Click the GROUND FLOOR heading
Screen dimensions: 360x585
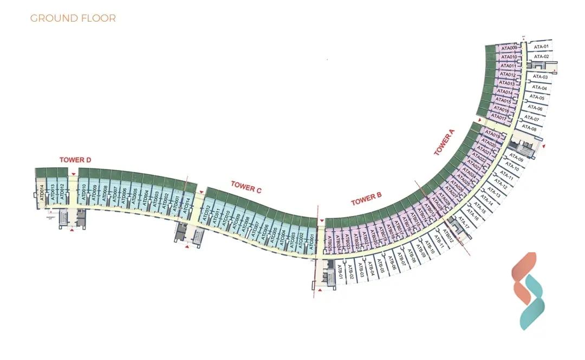73,18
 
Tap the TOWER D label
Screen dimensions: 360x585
75,160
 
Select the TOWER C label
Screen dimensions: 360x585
246,186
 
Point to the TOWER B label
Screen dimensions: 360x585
367,199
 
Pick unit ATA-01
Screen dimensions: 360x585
541,47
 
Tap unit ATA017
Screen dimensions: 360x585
498,117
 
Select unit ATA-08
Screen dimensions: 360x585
530,129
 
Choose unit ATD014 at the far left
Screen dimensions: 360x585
42,193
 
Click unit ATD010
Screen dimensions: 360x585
83,192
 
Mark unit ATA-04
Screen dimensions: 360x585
539,88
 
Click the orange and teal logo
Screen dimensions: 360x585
528,291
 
